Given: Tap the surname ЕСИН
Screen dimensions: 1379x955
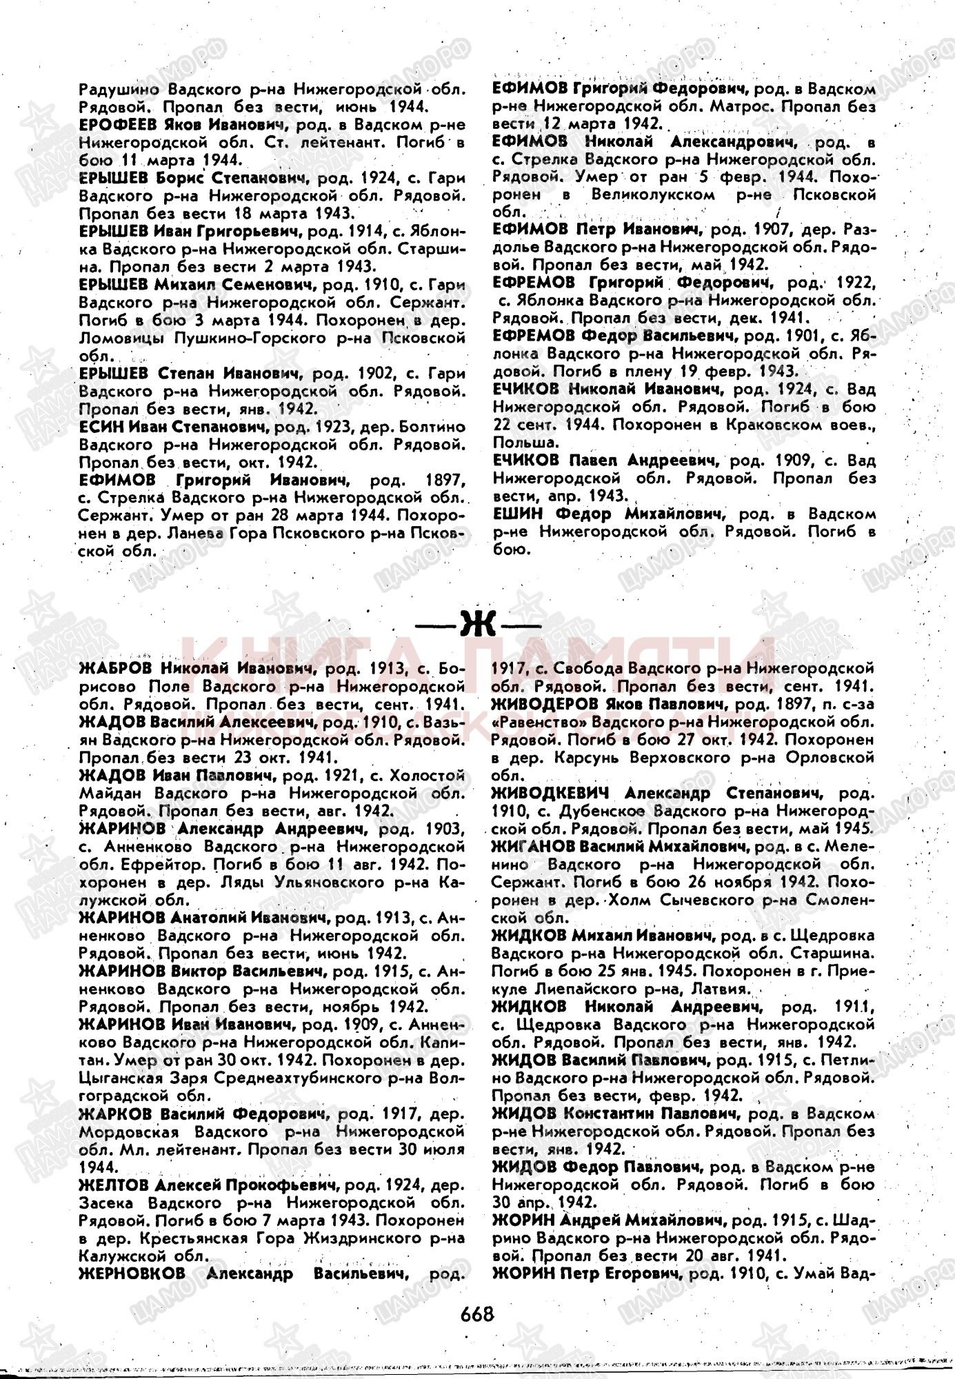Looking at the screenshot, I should [101, 427].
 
